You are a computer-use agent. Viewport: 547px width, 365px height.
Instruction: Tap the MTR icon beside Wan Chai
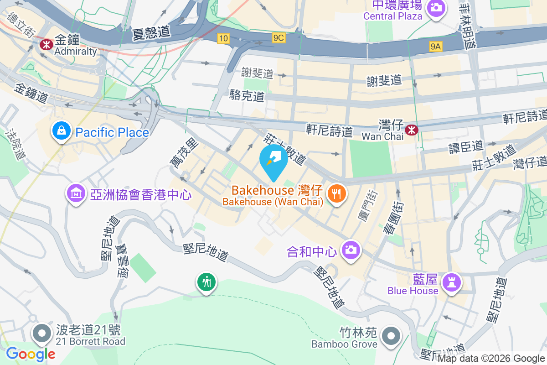(412, 130)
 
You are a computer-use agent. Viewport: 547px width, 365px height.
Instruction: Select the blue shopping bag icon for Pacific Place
(61, 131)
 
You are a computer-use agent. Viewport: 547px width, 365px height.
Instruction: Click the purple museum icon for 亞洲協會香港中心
(76, 194)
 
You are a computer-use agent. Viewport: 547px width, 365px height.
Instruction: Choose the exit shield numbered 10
(223, 39)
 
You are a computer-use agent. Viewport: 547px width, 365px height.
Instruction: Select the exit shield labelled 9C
(279, 38)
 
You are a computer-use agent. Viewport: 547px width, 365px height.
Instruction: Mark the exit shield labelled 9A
(436, 46)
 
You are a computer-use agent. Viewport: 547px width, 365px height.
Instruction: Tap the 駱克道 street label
(248, 96)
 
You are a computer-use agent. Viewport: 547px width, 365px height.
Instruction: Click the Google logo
(31, 354)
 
